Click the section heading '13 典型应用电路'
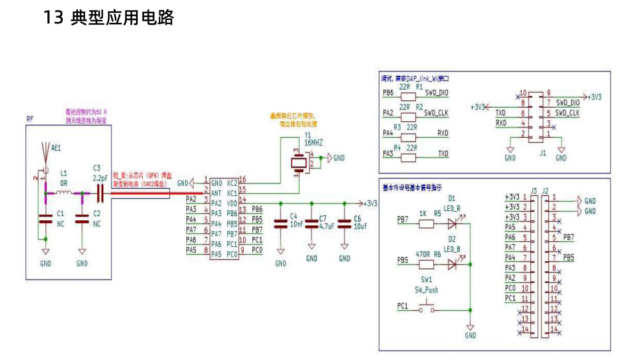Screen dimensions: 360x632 108,17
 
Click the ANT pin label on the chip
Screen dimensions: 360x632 216,193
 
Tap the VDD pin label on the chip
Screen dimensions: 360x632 232,202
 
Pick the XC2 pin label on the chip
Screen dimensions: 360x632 232,183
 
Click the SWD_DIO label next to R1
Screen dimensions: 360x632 436,94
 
